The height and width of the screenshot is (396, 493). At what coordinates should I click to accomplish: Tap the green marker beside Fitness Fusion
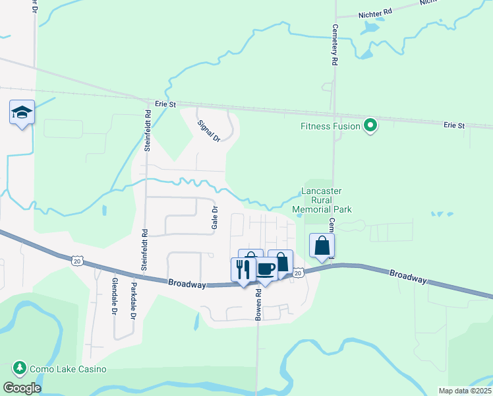click(x=370, y=125)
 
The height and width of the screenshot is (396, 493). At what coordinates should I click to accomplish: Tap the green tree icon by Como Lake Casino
click(x=20, y=368)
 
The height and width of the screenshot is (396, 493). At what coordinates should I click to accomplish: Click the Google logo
click(x=22, y=387)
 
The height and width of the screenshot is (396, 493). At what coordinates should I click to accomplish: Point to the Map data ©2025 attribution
click(x=464, y=391)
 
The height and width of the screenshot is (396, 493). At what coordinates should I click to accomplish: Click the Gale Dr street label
click(x=214, y=218)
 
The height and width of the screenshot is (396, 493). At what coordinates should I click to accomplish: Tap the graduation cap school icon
click(x=22, y=112)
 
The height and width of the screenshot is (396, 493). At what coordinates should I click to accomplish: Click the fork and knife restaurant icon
click(x=242, y=269)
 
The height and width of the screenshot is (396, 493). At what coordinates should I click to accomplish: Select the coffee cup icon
click(x=266, y=269)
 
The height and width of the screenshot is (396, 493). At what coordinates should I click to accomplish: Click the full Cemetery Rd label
click(x=335, y=46)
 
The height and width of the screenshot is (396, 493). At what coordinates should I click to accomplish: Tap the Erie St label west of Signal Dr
click(x=166, y=104)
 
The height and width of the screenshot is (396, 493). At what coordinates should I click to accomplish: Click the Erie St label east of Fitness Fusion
click(x=454, y=125)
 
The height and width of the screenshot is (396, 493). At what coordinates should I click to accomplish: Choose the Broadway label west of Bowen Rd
click(x=187, y=282)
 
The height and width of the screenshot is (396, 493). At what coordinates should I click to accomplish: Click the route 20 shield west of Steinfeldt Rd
click(x=76, y=261)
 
